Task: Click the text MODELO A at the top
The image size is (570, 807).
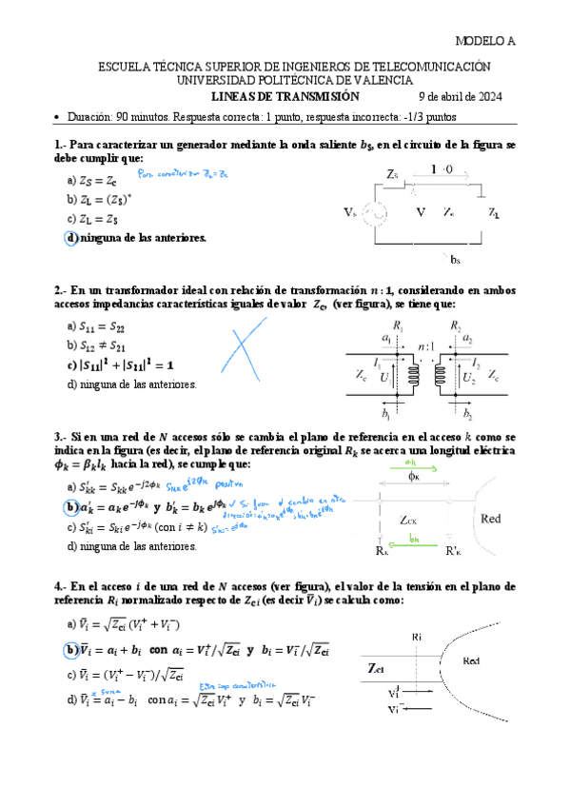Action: (485, 42)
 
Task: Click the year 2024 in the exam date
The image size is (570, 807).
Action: (486, 97)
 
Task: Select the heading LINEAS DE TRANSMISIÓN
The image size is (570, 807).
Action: (285, 97)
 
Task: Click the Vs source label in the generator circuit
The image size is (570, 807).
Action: (351, 212)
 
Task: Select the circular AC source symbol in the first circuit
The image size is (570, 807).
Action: (373, 212)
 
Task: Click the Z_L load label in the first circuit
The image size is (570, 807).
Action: (495, 212)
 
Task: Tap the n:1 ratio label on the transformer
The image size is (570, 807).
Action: (426, 349)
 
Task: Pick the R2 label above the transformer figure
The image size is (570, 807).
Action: (456, 327)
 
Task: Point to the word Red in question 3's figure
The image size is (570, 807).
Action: (491, 520)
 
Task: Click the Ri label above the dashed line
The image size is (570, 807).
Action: (417, 636)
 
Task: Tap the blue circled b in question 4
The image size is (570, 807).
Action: (71, 650)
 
